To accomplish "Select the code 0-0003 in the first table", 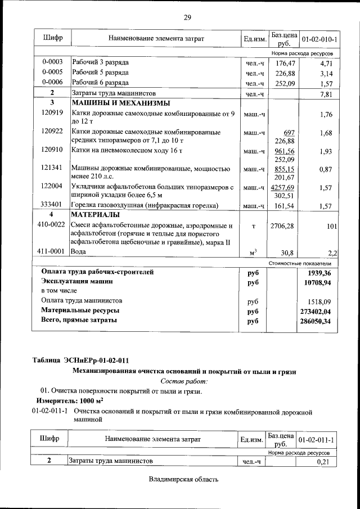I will [52, 62].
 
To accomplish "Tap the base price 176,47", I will [285, 62].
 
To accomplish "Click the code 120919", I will [52, 114].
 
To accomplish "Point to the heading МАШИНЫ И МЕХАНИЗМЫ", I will [120, 103].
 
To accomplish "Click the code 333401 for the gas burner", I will [52, 205].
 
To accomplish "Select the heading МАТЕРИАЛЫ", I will [95, 215].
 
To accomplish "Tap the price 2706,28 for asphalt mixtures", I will [282, 226].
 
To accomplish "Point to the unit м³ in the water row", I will [253, 252].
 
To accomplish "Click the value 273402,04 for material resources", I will [316, 311].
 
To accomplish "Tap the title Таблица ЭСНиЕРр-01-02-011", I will [84, 360].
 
